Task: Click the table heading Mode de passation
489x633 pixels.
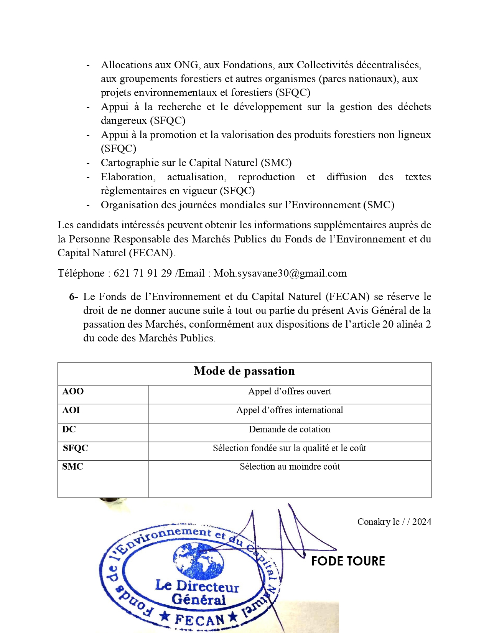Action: tap(244, 371)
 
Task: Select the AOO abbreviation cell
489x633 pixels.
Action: tap(73, 391)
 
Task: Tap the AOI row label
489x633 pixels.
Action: tap(71, 410)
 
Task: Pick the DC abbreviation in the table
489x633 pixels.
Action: tap(69, 429)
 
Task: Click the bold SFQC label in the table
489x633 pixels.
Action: tap(76, 448)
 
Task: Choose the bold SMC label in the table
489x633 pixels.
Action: tap(72, 467)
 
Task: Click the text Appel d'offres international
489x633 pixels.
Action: tap(290, 410)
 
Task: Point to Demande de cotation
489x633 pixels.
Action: tap(290, 429)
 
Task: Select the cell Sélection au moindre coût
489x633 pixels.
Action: tap(290, 467)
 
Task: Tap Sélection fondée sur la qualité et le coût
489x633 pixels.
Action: tap(290, 448)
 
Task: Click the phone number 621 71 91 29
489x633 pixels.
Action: tap(143, 273)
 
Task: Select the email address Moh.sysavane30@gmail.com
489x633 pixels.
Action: tap(280, 273)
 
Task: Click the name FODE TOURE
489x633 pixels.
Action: tap(348, 561)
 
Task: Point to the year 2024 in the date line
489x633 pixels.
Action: tap(421, 522)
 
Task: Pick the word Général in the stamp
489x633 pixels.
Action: tap(199, 600)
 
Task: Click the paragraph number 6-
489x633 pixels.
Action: tap(73, 297)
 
